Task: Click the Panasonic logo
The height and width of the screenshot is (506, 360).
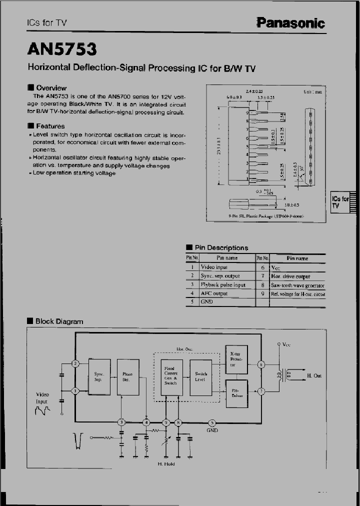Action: coord(290,22)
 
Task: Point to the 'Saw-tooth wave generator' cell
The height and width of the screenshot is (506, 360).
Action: coord(297,285)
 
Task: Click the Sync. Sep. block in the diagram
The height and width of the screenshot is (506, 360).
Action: coord(98,376)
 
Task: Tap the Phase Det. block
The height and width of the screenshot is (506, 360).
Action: coord(127,376)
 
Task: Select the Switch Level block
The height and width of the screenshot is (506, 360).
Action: coord(200,376)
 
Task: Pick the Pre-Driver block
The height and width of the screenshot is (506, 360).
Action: coord(236,391)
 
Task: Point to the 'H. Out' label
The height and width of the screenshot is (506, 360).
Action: coord(314,375)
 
